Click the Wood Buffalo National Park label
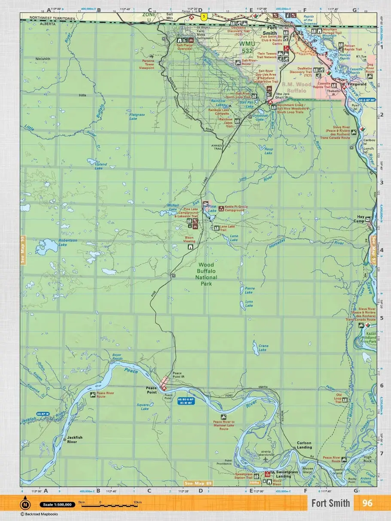tap(206, 271)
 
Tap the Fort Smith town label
tap(270, 30)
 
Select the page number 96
tap(367, 503)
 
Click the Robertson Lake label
tap(68, 243)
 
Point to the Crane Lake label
tap(263, 347)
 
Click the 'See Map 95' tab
tap(23, 250)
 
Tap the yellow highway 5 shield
tap(204, 17)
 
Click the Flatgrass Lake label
tap(137, 116)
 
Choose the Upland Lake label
tap(101, 166)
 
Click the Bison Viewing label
tap(189, 239)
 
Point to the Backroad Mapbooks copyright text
tap(39, 514)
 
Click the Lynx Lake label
tap(249, 304)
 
